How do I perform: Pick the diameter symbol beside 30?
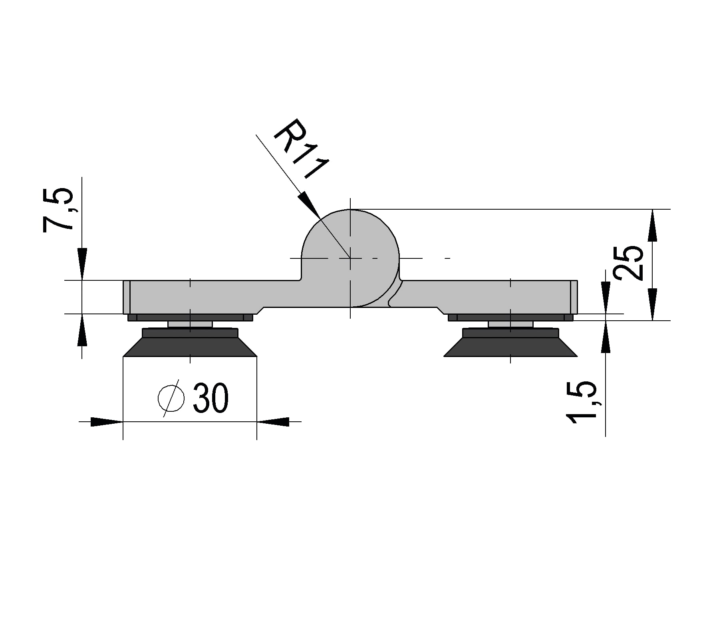coord(171,398)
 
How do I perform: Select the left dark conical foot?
coord(190,342)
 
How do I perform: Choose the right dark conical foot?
coord(510,342)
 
